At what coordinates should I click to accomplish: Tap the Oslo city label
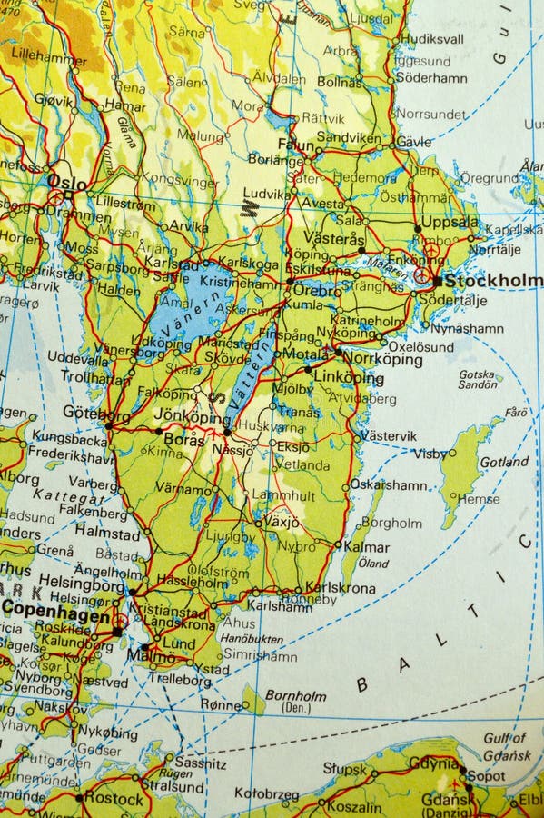coord(68,182)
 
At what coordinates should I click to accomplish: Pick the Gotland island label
coord(503,462)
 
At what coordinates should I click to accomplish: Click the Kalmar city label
coord(367,547)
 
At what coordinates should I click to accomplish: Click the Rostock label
coord(114,799)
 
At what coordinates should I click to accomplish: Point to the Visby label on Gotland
coord(430,453)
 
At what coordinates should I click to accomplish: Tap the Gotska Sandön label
coord(478,379)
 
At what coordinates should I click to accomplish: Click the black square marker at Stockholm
coord(437,281)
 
